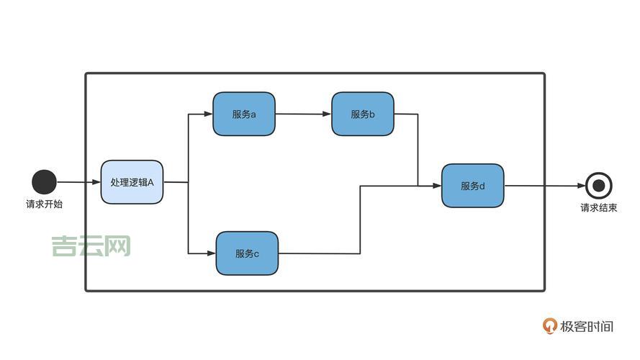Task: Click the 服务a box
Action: click(x=243, y=114)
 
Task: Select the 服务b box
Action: click(x=362, y=114)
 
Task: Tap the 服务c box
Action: click(x=247, y=253)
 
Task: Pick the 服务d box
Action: click(x=472, y=186)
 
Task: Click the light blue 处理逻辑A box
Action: click(x=132, y=182)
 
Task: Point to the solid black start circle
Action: click(x=44, y=182)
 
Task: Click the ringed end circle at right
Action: click(x=598, y=186)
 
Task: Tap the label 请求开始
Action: click(x=44, y=204)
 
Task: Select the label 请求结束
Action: click(x=598, y=208)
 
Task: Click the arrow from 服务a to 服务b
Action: click(x=302, y=114)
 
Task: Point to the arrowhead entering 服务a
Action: click(x=208, y=114)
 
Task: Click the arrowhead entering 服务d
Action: click(x=436, y=186)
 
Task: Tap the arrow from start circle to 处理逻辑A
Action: click(x=78, y=182)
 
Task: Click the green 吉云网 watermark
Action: click(x=91, y=246)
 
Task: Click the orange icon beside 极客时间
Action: click(x=550, y=326)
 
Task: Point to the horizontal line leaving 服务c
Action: click(x=318, y=253)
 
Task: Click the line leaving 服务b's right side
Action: click(x=406, y=114)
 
